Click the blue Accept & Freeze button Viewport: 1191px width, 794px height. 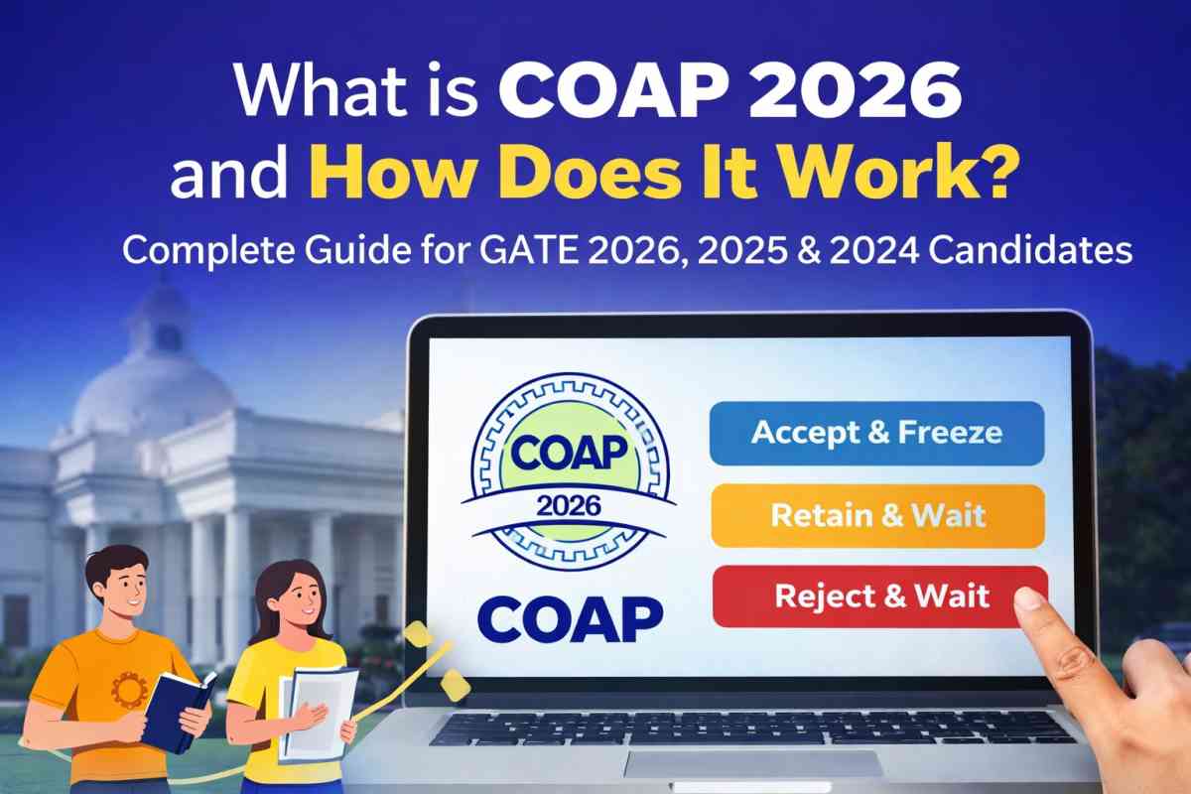pyautogui.click(x=876, y=433)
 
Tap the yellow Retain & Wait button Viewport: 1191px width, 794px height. pyautogui.click(x=876, y=516)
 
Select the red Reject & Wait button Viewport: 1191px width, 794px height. pyautogui.click(x=879, y=596)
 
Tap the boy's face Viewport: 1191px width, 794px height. pyautogui.click(x=115, y=590)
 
